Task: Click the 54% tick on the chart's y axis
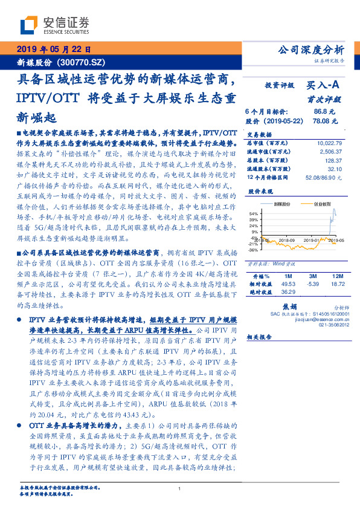coord(254,214)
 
